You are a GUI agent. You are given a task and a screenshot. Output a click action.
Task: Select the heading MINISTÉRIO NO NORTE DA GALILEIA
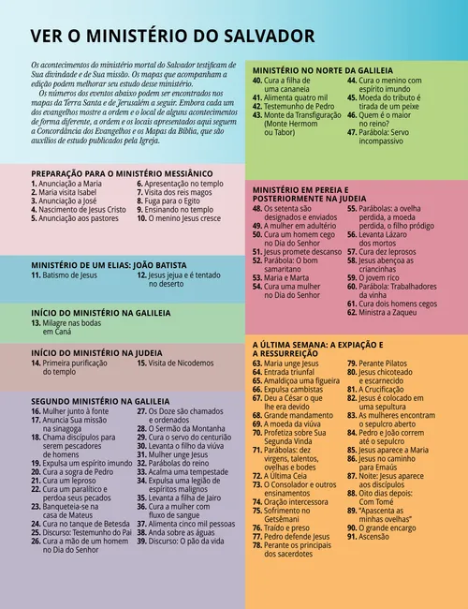pos(323,71)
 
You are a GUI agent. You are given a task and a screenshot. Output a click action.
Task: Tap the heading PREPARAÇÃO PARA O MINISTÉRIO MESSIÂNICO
pos(122,174)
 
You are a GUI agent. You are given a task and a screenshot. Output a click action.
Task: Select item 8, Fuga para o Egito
pos(173,201)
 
